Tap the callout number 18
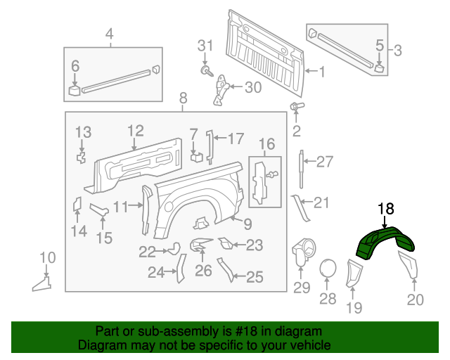pyautogui.click(x=386, y=209)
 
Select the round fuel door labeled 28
pyautogui.click(x=328, y=269)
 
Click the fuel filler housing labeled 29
pyautogui.click(x=302, y=252)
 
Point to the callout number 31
pyautogui.click(x=204, y=46)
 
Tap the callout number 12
pyautogui.click(x=135, y=130)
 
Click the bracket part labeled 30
pyautogui.click(x=221, y=87)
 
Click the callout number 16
pyautogui.click(x=266, y=145)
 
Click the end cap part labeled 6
pyautogui.click(x=75, y=89)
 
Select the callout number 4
pyautogui.click(x=109, y=34)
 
